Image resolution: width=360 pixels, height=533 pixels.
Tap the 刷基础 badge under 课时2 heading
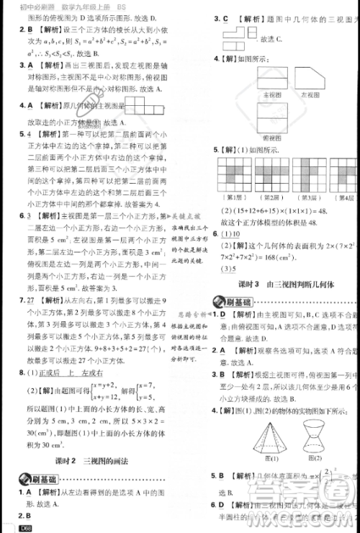33,480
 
